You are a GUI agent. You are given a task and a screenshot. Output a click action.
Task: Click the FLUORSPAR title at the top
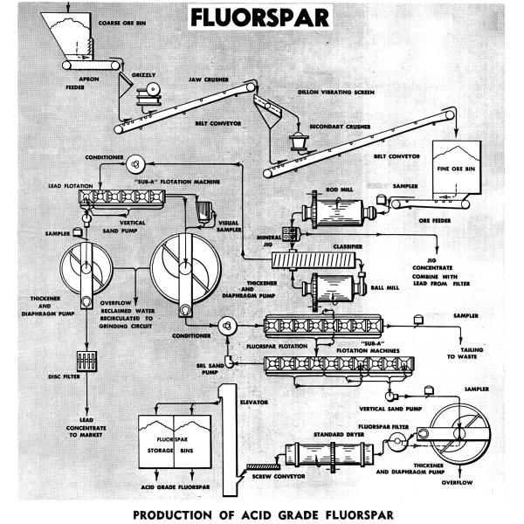[x=262, y=18]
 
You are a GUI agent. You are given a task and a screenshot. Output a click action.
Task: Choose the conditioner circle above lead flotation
[x=134, y=163]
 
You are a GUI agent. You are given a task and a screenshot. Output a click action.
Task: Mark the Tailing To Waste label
[x=458, y=352]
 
